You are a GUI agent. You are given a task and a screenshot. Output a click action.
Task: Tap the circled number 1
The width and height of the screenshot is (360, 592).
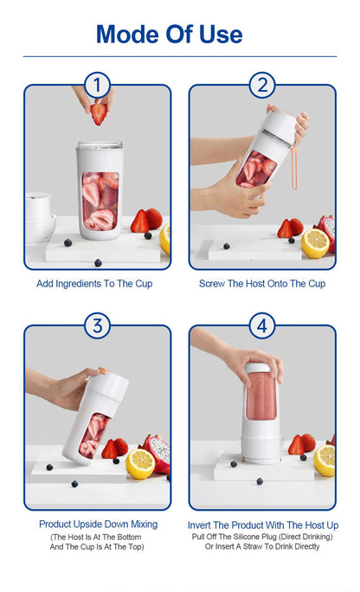point(98,86)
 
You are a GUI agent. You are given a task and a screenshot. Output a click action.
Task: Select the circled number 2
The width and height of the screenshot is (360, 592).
point(262,86)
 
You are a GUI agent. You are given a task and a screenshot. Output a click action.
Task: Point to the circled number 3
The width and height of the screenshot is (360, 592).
point(98,326)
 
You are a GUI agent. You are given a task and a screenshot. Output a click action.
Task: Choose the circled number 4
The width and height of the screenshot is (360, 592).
point(262,326)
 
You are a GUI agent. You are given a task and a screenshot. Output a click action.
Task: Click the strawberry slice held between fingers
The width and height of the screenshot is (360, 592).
point(100,113)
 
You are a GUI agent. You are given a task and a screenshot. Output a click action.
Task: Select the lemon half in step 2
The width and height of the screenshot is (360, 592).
point(314,243)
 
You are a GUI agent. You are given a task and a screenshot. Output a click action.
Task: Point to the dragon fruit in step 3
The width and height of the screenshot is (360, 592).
point(157,449)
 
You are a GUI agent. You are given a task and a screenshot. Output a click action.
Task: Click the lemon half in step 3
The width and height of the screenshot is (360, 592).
point(140,464)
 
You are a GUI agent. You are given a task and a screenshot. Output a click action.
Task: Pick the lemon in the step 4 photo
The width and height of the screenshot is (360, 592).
point(325,460)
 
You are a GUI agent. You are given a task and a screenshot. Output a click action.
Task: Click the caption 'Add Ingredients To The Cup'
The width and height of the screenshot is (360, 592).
point(94,284)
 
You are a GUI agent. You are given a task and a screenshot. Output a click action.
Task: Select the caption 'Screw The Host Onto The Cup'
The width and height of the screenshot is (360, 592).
point(262,284)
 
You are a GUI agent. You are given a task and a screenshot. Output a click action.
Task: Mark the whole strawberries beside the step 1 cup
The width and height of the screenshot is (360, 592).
point(145,221)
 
